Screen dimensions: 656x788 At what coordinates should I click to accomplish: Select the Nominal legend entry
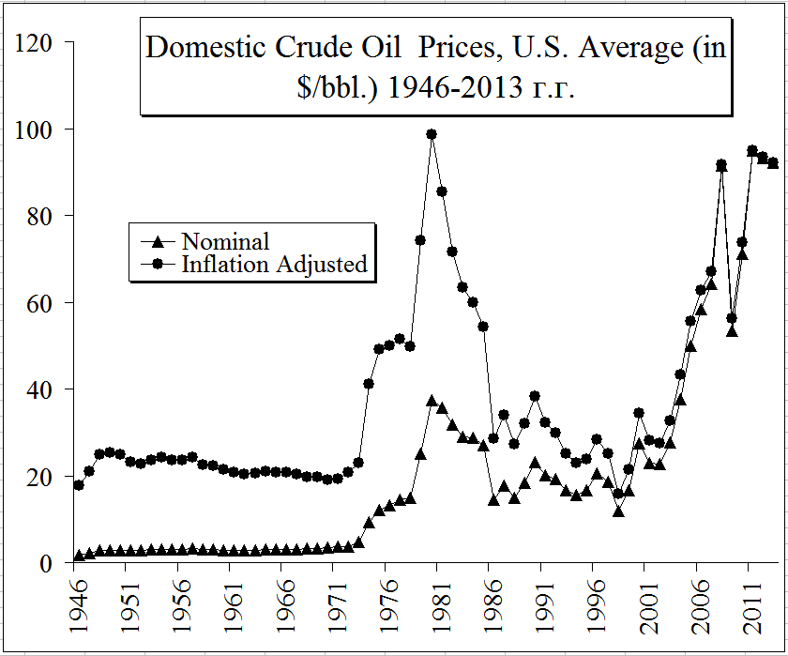(225, 242)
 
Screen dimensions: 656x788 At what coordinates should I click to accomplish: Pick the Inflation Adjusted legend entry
(274, 265)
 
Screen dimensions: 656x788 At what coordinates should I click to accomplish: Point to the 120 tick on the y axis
(31, 42)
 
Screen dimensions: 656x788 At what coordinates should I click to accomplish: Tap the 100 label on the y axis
(31, 130)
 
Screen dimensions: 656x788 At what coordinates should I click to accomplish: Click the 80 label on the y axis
(37, 216)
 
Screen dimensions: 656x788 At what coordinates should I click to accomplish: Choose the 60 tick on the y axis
(37, 303)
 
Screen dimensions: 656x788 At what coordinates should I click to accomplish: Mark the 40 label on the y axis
(37, 389)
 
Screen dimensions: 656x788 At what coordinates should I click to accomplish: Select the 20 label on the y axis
(37, 477)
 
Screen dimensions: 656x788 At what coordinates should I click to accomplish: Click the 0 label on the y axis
(44, 563)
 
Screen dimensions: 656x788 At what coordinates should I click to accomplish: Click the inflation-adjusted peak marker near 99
(432, 134)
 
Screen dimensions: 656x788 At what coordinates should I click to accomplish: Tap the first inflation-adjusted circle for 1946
(79, 485)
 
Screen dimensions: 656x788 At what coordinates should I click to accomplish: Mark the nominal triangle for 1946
(79, 556)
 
